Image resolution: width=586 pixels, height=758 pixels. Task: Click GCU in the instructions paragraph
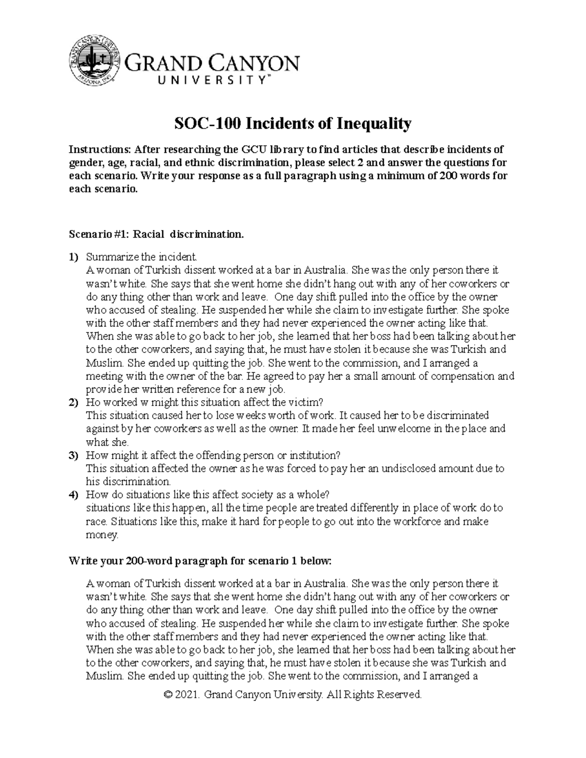(253, 149)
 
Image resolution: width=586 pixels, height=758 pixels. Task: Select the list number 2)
(73, 402)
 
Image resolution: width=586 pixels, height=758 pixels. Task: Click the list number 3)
(73, 455)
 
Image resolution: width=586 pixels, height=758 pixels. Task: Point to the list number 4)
(73, 495)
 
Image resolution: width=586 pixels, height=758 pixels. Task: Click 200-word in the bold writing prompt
(136, 561)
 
